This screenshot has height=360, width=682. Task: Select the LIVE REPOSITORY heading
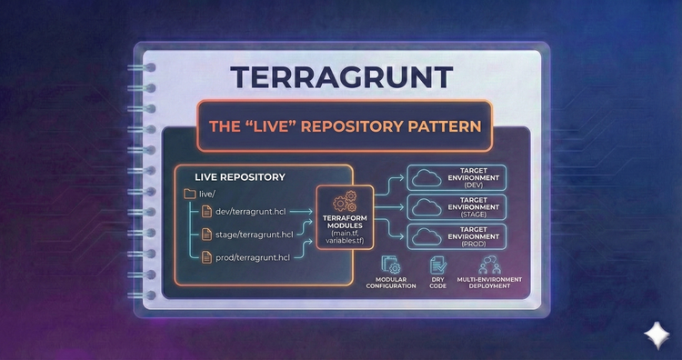pyautogui.click(x=240, y=176)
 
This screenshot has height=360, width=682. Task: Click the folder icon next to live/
pyautogui.click(x=189, y=194)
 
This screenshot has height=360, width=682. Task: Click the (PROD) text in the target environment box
pyautogui.click(x=473, y=245)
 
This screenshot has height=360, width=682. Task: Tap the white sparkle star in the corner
pyautogui.click(x=654, y=334)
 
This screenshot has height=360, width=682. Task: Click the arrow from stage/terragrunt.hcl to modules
pyautogui.click(x=305, y=235)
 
